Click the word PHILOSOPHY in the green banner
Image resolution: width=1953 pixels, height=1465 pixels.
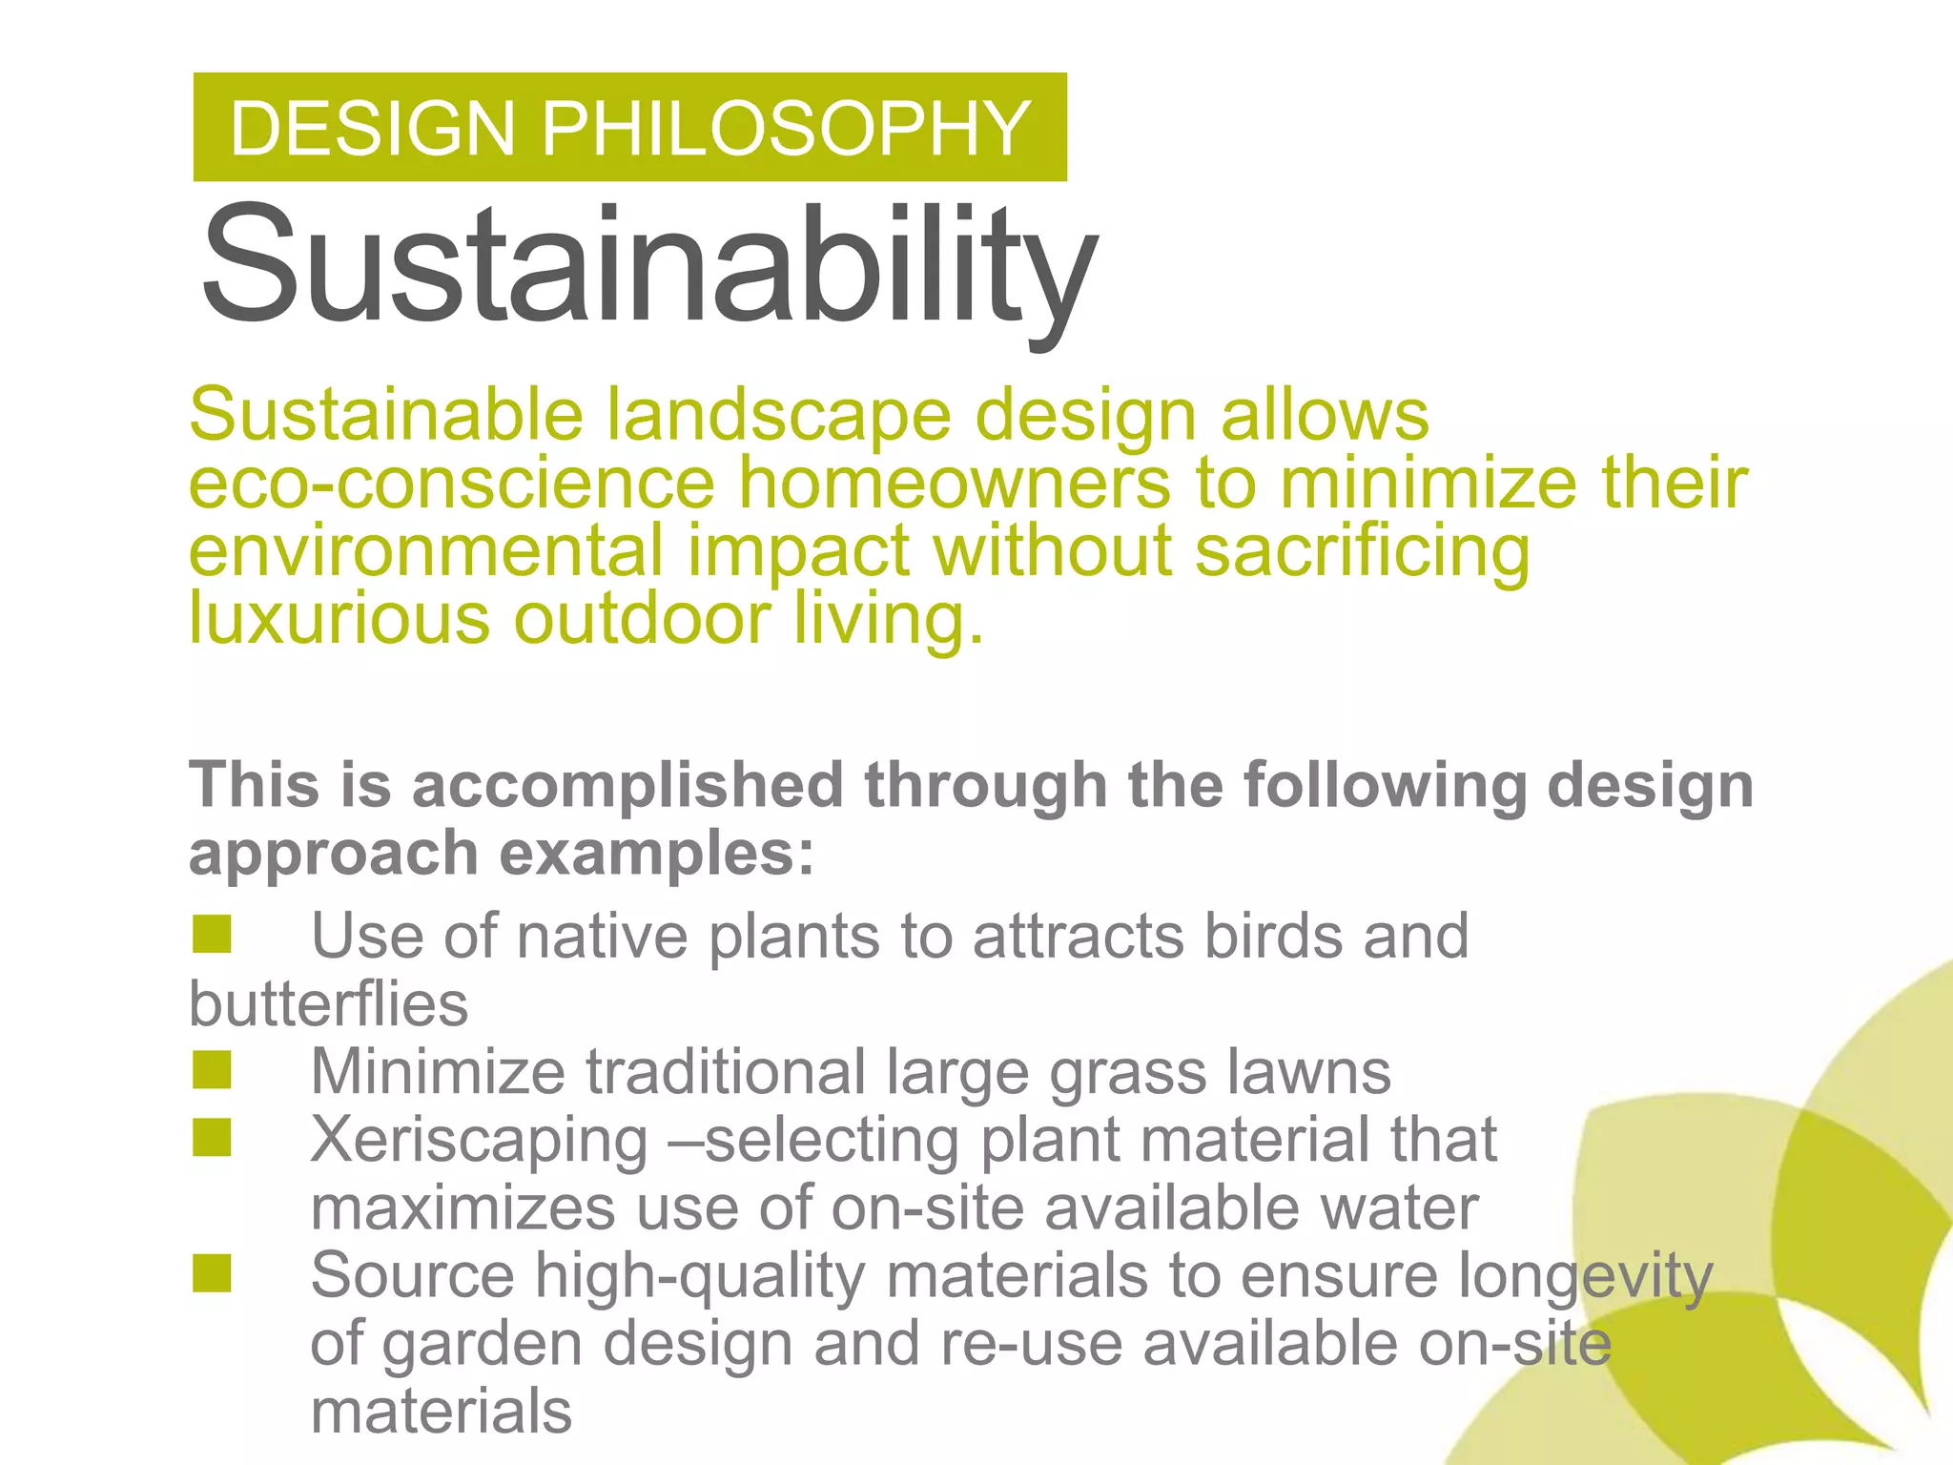[x=786, y=128]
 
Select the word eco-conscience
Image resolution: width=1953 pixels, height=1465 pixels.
[x=451, y=484]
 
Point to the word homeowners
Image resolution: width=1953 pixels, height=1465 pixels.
[x=954, y=484]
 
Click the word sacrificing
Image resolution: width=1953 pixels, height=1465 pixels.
[x=1362, y=553]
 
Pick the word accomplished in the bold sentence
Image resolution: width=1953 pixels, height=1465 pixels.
[x=627, y=785]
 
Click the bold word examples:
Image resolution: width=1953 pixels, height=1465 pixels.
[x=658, y=853]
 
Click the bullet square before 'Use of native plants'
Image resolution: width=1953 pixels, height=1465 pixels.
[x=212, y=935]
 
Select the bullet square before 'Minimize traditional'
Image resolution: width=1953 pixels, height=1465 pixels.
[x=212, y=1070]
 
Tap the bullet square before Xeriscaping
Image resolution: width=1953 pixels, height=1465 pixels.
[x=212, y=1138]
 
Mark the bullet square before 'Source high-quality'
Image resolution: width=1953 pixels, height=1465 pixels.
[x=212, y=1273]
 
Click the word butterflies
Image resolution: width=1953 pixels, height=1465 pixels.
[x=329, y=1003]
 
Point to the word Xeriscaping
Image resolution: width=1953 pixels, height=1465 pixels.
[x=480, y=1140]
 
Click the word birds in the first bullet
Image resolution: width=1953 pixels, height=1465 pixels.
[x=1272, y=936]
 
